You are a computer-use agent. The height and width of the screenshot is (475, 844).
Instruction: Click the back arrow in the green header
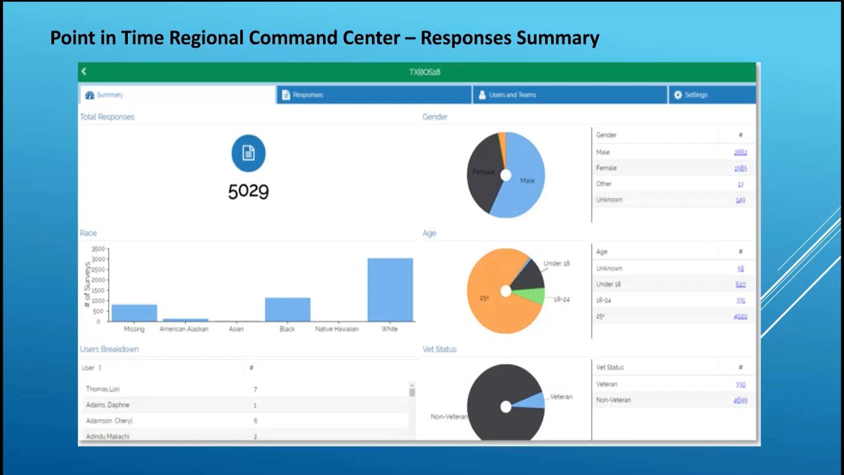(84, 71)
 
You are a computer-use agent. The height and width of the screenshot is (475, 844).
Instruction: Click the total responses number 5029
(249, 191)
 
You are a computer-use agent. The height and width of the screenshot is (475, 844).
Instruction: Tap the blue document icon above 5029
(249, 153)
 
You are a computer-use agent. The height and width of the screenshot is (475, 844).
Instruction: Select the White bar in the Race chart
(390, 290)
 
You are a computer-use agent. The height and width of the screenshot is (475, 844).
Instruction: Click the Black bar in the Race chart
(287, 309)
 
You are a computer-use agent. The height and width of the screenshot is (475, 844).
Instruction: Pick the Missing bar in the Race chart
(134, 313)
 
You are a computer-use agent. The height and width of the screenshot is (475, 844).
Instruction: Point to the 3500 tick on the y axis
(98, 249)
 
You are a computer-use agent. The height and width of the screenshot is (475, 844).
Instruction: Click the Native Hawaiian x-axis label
(337, 329)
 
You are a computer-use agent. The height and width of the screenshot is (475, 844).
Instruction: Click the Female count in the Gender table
(740, 168)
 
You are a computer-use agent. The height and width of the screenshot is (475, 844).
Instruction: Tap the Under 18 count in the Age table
(740, 284)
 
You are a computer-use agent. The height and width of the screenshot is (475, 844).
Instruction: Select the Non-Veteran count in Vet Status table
(740, 400)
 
